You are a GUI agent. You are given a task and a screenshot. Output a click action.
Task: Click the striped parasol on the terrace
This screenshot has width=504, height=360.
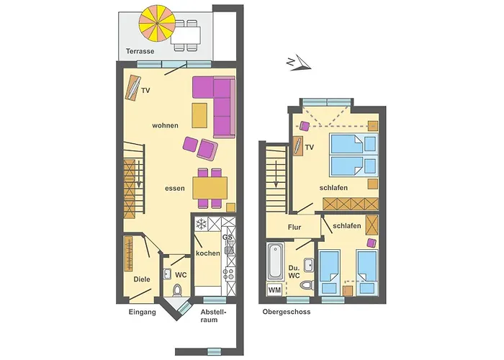point(157,23)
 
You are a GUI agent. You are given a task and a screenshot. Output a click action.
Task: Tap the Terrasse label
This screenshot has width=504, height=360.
point(140,51)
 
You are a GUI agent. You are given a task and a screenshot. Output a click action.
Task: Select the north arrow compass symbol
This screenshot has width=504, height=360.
point(299,63)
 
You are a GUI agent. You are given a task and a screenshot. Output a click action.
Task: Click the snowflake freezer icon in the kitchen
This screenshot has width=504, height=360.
point(201,224)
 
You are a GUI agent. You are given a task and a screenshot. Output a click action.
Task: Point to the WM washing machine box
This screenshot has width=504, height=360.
point(274,290)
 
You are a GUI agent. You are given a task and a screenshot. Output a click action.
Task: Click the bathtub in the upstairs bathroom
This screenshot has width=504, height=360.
point(276,261)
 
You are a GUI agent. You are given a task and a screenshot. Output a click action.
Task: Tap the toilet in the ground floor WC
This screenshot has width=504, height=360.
point(177,290)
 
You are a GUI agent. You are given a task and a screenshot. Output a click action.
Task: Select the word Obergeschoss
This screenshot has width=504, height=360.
point(287,312)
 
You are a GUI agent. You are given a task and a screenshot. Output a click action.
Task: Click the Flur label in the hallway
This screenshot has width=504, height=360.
point(294,228)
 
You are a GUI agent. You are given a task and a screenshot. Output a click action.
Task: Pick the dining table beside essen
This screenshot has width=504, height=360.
point(210,188)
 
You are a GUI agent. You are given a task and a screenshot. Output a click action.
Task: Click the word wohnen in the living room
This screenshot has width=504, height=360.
point(165,125)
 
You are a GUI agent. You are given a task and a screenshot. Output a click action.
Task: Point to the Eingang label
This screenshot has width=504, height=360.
point(143,312)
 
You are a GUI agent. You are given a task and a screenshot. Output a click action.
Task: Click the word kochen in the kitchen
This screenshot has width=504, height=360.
point(208,253)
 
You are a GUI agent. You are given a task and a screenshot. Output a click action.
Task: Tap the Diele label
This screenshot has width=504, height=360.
point(142,279)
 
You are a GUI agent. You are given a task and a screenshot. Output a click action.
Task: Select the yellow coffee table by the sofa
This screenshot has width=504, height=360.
point(199,115)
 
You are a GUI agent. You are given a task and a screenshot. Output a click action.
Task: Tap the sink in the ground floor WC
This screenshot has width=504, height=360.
point(167,274)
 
